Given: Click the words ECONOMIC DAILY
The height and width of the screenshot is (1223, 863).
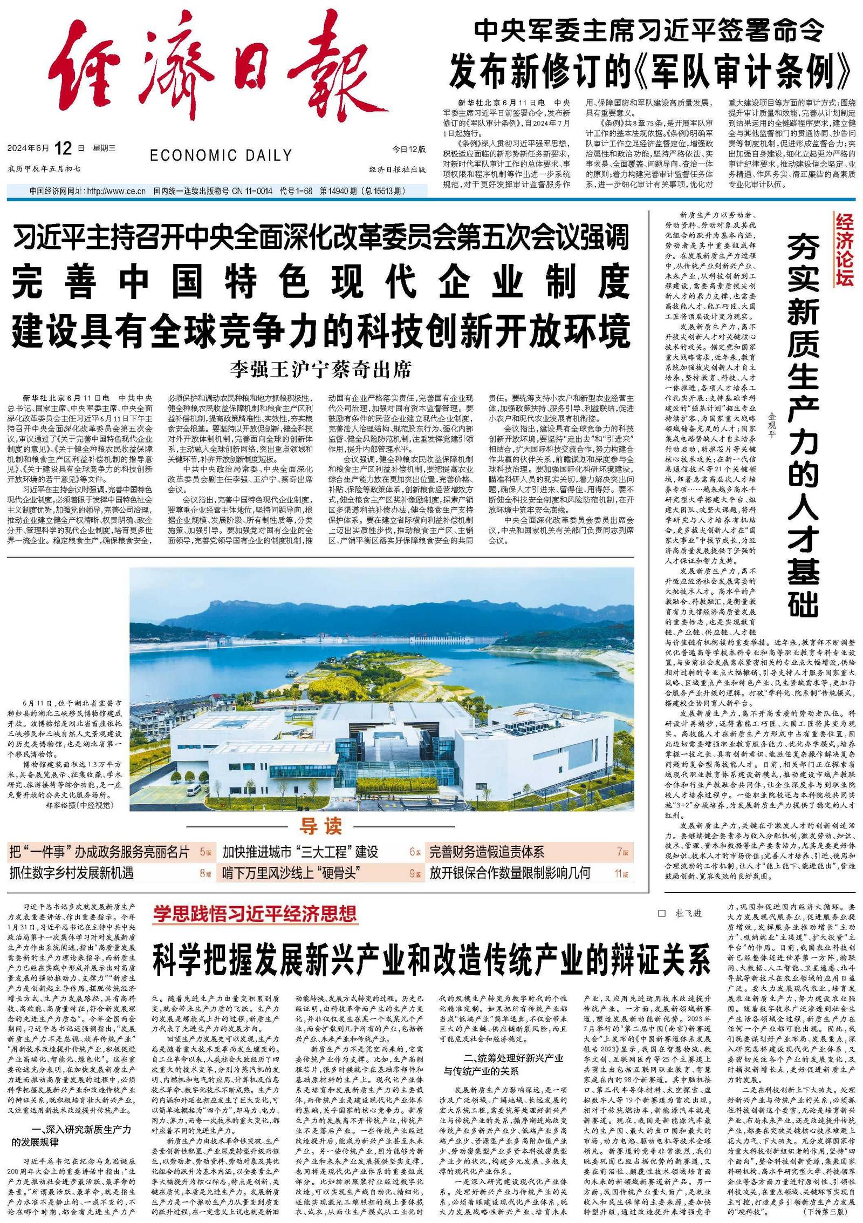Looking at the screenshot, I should point(221,155).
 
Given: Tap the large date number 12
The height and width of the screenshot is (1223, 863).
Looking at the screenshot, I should point(63,148).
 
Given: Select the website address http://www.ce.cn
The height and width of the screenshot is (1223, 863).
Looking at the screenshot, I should point(116,191).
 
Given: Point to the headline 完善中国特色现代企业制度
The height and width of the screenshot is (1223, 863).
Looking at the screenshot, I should point(320,281).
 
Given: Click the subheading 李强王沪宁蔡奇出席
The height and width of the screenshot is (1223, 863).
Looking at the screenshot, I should point(320,370).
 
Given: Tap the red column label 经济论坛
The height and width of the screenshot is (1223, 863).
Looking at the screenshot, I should point(845,249).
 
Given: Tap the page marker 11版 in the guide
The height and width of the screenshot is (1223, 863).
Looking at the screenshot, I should point(621,873).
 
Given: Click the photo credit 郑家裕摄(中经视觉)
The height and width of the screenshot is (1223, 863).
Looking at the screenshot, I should point(80,805).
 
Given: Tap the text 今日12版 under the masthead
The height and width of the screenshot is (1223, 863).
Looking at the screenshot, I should point(409,149).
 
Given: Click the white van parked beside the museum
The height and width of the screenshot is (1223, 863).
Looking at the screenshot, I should point(193,791).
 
